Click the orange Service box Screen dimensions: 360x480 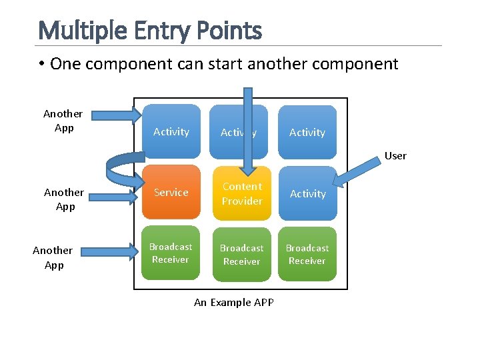point(171,193)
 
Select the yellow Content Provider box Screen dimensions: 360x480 point(242,193)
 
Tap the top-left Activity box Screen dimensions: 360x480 point(171,132)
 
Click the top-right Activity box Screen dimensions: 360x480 point(307,132)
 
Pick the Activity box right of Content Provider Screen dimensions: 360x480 point(307,193)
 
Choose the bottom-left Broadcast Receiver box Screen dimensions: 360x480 point(171,253)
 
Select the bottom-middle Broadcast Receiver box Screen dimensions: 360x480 point(241,255)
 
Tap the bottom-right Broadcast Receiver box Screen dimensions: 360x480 point(307,255)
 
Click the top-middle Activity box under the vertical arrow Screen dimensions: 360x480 point(230,132)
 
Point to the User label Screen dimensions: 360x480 point(395,156)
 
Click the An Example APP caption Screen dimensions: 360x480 point(233,303)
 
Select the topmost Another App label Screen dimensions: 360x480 point(63,121)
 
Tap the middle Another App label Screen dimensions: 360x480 point(64,199)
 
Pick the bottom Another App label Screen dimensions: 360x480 point(53,257)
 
